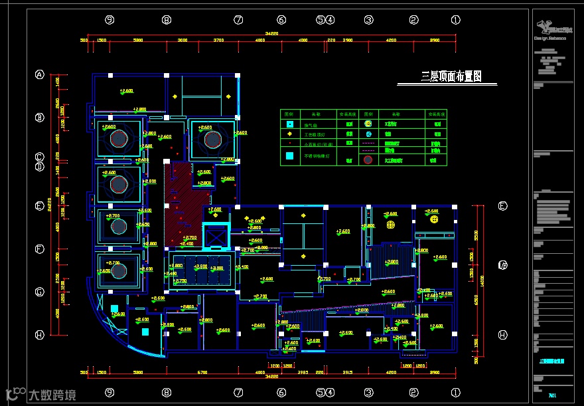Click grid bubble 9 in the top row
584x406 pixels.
(110, 20)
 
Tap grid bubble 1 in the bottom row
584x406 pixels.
(455, 393)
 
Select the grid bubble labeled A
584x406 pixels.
(40, 75)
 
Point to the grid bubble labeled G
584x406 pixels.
(40, 292)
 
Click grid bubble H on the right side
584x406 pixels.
(502, 335)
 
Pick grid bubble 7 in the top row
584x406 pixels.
(238, 20)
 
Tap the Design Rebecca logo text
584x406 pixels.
(550, 38)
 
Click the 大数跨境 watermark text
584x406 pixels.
(52, 395)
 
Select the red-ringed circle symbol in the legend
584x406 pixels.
(368, 159)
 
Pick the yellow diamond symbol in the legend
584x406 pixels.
(289, 134)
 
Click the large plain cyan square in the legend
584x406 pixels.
(289, 157)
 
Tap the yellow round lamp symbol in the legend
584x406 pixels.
(368, 124)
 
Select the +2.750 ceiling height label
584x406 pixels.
(181, 280)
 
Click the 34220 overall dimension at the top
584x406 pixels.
(271, 34)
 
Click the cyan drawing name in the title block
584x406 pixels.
(552, 361)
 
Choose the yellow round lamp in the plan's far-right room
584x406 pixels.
(434, 219)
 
